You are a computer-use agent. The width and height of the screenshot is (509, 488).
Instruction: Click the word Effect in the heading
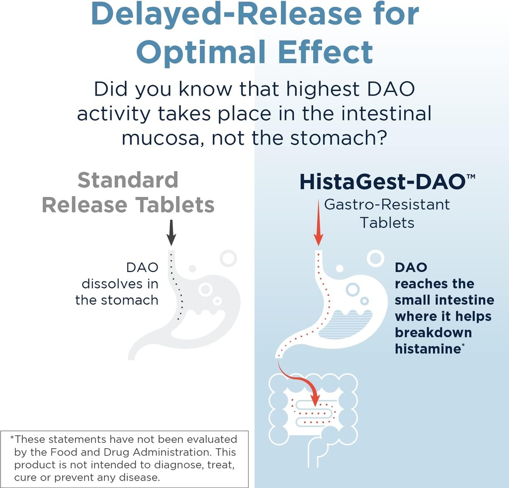(x=326, y=51)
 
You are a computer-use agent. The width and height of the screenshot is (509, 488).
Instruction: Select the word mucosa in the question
(x=162, y=138)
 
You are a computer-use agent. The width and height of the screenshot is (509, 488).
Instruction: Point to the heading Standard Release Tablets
(x=128, y=192)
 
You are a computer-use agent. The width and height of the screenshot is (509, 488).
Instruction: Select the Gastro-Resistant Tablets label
(x=387, y=213)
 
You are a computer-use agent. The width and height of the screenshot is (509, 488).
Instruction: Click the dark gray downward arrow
(x=171, y=232)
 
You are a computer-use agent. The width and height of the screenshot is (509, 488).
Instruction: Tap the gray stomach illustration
(x=199, y=308)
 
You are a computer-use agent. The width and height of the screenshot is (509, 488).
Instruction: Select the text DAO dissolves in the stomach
(x=117, y=284)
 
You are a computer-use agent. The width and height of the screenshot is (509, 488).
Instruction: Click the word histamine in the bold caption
(x=427, y=349)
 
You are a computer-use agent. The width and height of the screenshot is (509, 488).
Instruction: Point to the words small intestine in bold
(x=444, y=300)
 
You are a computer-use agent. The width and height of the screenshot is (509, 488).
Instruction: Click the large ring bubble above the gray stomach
(x=229, y=258)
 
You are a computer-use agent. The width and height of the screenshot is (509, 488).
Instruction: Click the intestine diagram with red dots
(x=313, y=413)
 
